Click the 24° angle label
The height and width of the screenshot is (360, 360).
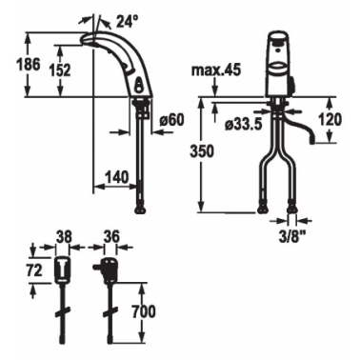coord(128,22)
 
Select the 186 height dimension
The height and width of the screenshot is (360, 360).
coord(29,65)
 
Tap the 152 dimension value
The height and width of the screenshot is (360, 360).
coord(60,70)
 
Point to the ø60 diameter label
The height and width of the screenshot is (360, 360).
coord(171,120)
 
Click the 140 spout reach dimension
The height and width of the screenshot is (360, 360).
coord(117,177)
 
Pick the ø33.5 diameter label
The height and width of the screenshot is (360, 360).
coord(244,125)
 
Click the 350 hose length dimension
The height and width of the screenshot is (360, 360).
coord(202,151)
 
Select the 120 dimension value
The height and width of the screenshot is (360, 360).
coord(330,120)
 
